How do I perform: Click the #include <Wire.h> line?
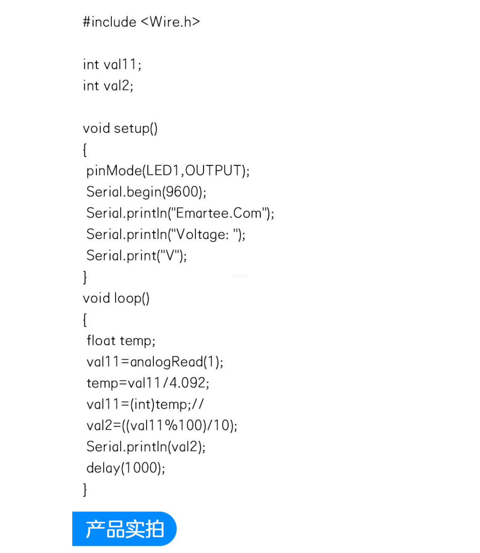pos(141,22)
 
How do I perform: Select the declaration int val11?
pos(112,65)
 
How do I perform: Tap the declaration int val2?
pos(108,86)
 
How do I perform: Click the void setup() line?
pos(120,128)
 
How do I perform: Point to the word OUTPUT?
pos(213,171)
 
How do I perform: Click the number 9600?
pos(182,192)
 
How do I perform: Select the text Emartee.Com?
pos(219,213)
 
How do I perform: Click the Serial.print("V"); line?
pos(136,256)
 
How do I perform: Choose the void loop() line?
pos(116,298)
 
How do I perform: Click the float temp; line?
pos(121,341)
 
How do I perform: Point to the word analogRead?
pos(166,362)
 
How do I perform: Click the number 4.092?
pos(187,383)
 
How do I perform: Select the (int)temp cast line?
pos(145,404)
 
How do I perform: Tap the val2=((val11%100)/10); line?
pos(162,426)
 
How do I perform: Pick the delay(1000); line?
pos(126,468)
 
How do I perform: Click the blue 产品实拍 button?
pos(124,529)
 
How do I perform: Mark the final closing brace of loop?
pos(85,490)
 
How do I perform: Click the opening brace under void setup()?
pos(85,150)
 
